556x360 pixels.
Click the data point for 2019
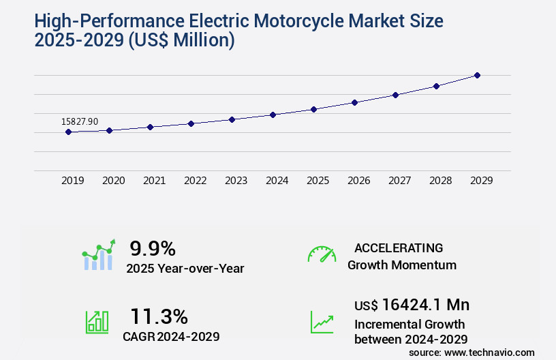tap(68, 132)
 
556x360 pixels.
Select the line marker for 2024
tap(273, 115)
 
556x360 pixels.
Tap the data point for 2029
tap(477, 75)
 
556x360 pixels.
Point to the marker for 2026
tap(354, 102)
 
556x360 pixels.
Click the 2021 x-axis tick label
tap(154, 181)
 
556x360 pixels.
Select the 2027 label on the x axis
tap(399, 181)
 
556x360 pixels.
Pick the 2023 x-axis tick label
tap(236, 181)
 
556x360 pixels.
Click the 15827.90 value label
tap(80, 121)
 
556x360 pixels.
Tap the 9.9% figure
tap(153, 248)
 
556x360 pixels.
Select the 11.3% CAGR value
tap(159, 316)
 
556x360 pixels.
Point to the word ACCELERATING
tap(399, 247)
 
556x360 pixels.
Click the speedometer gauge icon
tap(322, 254)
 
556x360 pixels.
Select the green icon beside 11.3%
tap(97, 322)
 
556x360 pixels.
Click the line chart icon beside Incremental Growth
tap(322, 322)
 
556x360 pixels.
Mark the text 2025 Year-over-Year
tap(185, 268)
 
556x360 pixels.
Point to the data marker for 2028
tap(436, 86)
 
